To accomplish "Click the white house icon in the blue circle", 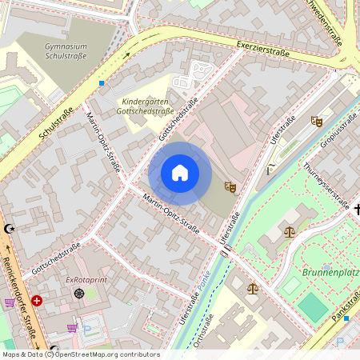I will pyautogui.click(x=180, y=173).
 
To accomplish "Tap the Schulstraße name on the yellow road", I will pyautogui.click(x=55, y=125).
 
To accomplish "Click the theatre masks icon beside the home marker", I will pyautogui.click(x=230, y=186).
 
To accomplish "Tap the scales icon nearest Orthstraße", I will pyautogui.click(x=253, y=288).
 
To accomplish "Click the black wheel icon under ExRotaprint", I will pyautogui.click(x=78, y=294).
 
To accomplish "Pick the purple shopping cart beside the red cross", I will pyautogui.click(x=9, y=302).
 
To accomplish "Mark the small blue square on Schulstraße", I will pyautogui.click(x=102, y=82).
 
